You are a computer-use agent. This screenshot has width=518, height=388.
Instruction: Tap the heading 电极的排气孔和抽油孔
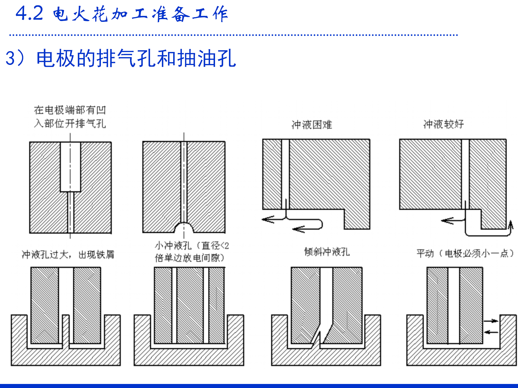(136, 58)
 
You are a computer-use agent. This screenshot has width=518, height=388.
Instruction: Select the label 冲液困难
(312, 125)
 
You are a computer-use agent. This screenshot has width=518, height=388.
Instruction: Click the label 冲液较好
(444, 124)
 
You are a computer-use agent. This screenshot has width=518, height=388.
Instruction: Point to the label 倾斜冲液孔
(327, 252)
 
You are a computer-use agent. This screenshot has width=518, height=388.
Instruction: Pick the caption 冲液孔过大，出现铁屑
(68, 254)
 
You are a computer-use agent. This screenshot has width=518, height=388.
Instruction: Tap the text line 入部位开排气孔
(70, 124)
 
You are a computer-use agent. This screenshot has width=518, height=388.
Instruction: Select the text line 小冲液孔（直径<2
(192, 245)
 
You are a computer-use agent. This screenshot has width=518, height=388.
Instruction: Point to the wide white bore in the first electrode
(70, 167)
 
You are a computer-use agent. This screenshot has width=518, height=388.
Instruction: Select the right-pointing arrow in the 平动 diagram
(491, 321)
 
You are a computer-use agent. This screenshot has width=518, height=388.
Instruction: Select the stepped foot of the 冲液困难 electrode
(357, 219)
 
